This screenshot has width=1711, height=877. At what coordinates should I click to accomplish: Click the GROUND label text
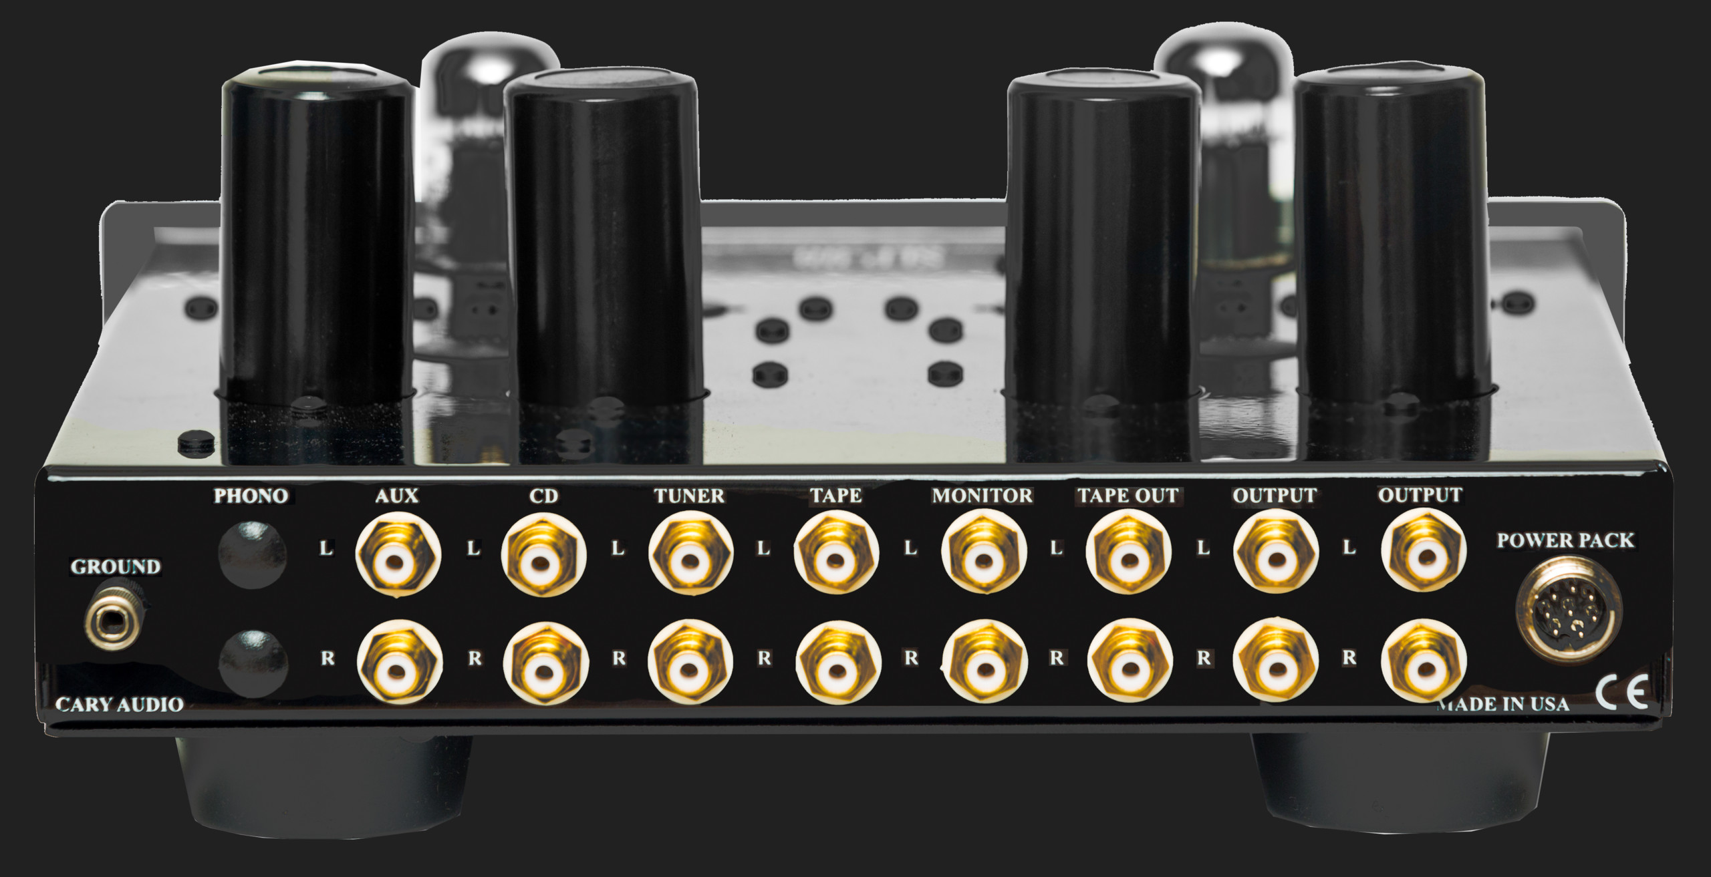pos(116,567)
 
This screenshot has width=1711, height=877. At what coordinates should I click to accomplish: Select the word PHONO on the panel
pos(251,496)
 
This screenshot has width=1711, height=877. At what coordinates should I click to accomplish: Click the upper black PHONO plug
pos(253,552)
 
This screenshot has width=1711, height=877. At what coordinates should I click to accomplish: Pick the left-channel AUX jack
pos(398,552)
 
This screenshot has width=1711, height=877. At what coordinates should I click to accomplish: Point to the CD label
pos(543,496)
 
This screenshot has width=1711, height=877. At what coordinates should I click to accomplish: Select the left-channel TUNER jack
pos(690,552)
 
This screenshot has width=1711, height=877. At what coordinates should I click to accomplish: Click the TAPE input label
pos(836,496)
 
